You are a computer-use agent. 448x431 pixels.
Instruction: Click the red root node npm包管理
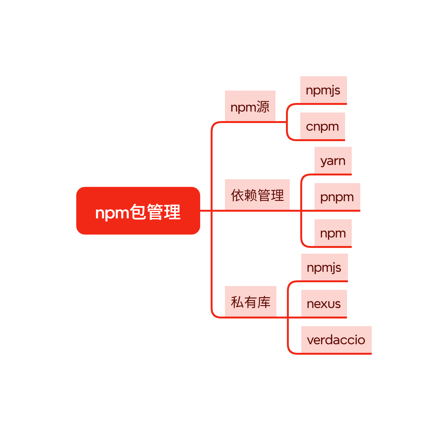(138, 211)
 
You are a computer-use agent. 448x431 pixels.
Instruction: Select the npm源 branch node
(250, 106)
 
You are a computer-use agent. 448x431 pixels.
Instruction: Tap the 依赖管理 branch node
(257, 195)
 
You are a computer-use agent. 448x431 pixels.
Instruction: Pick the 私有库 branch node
(250, 301)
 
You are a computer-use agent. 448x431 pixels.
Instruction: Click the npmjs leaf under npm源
(323, 90)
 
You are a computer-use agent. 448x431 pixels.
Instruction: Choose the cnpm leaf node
(322, 126)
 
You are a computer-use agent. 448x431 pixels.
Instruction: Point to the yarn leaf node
(333, 161)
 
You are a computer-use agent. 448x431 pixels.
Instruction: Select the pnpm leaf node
(337, 197)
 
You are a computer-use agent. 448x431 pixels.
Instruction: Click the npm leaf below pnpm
(333, 233)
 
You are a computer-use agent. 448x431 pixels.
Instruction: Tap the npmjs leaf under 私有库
(324, 267)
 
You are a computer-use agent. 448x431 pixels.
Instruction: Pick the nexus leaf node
(324, 304)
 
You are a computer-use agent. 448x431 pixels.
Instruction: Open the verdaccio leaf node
(336, 340)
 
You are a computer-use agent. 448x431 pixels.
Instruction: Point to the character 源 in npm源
(263, 107)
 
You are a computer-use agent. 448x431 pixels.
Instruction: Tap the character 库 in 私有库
(264, 302)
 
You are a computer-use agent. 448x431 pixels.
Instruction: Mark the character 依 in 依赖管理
(237, 195)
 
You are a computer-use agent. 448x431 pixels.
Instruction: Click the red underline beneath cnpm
(322, 140)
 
